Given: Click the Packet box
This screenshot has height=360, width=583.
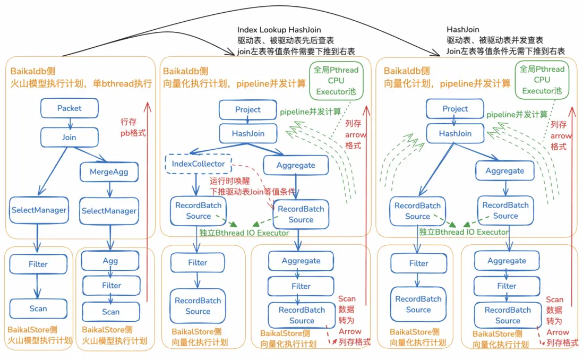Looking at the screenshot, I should [70, 108].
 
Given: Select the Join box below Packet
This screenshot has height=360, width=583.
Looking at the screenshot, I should [70, 137].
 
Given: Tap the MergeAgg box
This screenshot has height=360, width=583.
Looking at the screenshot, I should [109, 172].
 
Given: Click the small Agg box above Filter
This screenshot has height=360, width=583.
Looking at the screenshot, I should [110, 261].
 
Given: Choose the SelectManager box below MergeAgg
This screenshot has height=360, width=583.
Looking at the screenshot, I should [109, 211].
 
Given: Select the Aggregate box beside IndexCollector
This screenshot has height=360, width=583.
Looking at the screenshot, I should [296, 165].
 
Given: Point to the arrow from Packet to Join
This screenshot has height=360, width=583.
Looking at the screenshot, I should [70, 123].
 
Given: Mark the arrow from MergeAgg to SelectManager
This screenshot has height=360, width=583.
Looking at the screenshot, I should [109, 190].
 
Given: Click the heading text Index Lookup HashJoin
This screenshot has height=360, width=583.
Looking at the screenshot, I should [279, 30].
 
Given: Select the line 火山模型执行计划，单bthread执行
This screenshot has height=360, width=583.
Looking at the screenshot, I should [81, 83].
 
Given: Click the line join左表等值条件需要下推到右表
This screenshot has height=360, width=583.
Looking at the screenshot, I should [296, 51].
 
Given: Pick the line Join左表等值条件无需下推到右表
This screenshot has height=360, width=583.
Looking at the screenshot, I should [505, 51].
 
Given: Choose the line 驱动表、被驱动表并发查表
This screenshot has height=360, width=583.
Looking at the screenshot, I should [495, 40].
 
